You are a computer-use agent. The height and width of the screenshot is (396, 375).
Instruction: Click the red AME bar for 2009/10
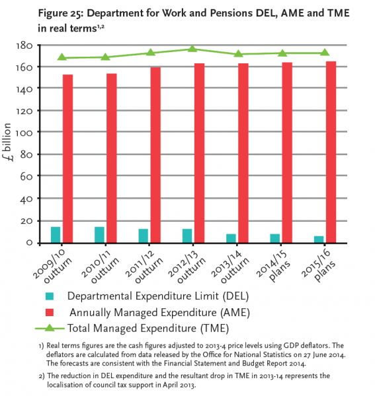tap(68, 158)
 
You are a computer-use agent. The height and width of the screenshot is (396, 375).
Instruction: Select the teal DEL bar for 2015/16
tap(319, 240)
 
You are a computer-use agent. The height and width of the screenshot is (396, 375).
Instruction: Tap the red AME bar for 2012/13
tap(199, 153)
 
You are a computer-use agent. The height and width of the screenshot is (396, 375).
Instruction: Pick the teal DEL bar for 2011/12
tap(144, 236)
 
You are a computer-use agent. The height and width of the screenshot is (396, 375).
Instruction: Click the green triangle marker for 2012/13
tap(192, 48)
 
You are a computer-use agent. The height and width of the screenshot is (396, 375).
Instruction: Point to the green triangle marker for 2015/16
tap(325, 52)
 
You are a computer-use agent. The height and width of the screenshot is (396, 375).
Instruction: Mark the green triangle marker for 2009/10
tap(62, 57)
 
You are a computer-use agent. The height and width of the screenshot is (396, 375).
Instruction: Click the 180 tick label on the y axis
tap(24, 46)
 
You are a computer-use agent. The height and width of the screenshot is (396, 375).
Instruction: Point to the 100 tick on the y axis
tap(24, 133)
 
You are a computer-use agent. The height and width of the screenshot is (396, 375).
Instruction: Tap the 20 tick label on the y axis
tap(26, 221)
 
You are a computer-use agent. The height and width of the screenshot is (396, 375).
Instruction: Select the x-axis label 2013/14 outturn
tap(229, 267)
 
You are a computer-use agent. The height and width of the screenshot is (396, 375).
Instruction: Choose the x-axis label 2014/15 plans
tap(273, 266)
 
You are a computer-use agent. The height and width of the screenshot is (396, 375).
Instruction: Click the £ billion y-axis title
tap(7, 142)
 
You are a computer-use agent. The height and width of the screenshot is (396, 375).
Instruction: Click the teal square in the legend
tap(50, 296)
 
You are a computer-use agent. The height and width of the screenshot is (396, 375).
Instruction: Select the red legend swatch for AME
tap(50, 312)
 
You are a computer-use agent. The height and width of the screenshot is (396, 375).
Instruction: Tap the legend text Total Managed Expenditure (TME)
tap(148, 328)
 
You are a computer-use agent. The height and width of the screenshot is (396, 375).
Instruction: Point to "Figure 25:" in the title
tap(60, 13)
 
